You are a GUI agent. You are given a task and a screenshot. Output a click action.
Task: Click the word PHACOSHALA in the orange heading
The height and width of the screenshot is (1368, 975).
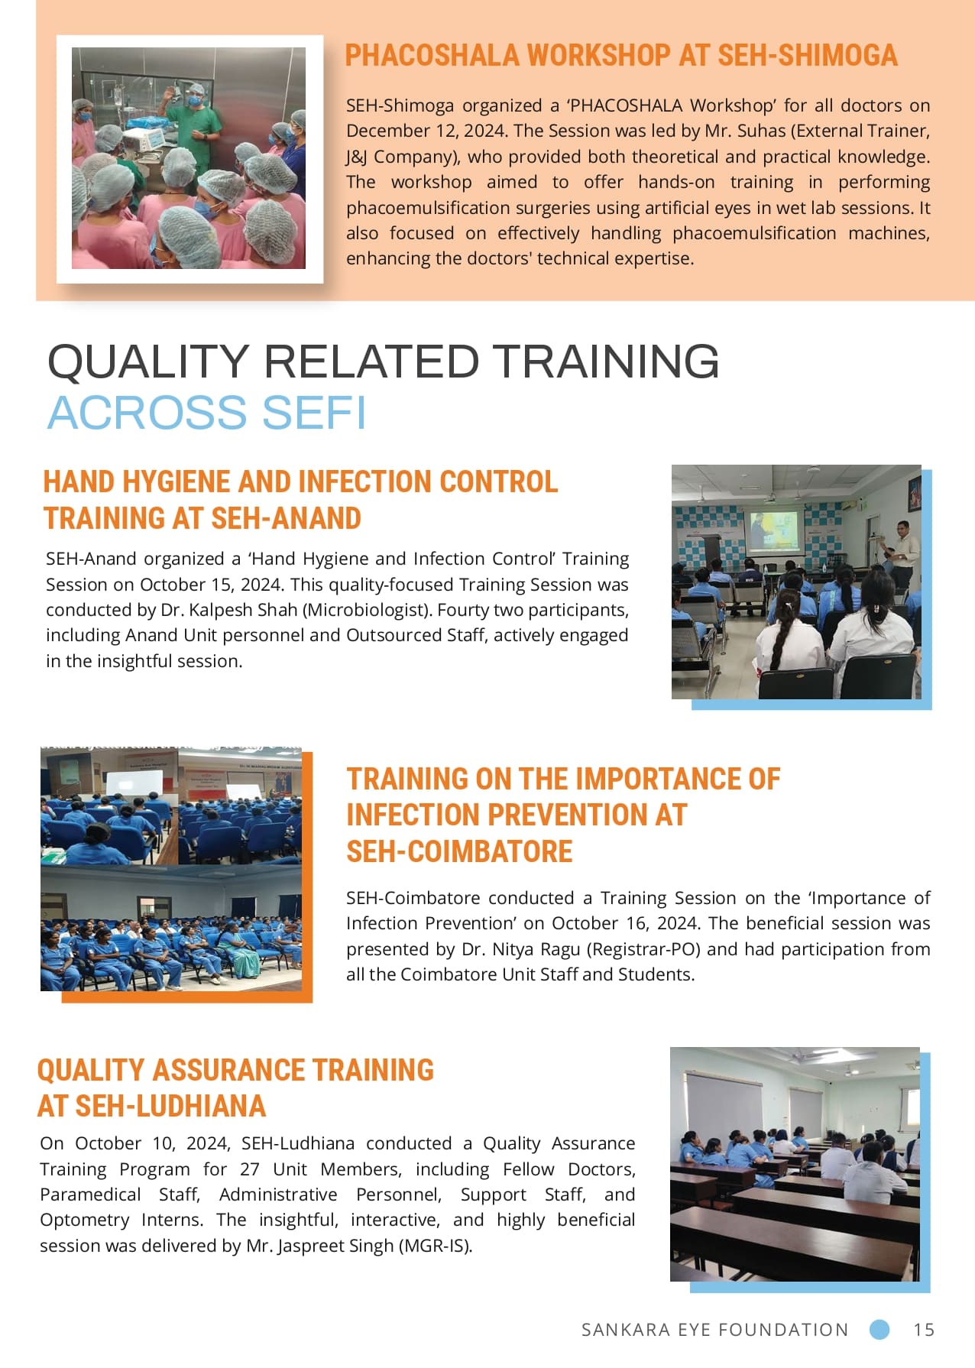[432, 55]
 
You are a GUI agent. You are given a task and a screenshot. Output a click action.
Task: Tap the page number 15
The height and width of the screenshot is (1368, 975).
[924, 1330]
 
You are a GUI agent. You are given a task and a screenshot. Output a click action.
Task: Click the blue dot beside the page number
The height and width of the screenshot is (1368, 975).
[879, 1330]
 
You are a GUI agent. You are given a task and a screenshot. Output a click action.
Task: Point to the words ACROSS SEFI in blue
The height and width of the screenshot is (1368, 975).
[207, 413]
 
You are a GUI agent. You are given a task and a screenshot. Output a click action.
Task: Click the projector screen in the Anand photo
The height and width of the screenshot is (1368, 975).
[773, 530]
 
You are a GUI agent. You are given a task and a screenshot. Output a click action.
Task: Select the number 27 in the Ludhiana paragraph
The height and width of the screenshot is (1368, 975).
[250, 1169]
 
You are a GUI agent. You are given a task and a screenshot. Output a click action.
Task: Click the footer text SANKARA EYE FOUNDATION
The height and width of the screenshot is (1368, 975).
[715, 1330]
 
